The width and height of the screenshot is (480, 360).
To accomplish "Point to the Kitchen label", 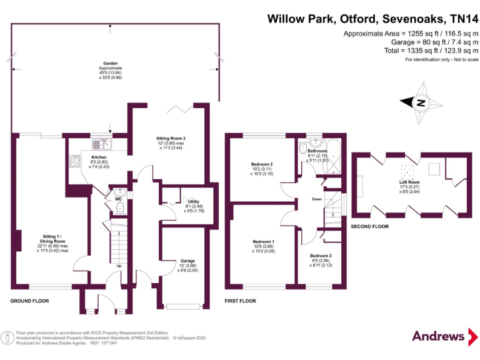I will tap(99, 157).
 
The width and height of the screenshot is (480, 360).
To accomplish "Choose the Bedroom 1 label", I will tap(263, 241).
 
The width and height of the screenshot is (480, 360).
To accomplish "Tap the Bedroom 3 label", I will tap(321, 256).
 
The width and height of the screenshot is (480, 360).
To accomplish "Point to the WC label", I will tap(118, 199).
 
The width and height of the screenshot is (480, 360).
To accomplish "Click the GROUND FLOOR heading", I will tap(29, 301).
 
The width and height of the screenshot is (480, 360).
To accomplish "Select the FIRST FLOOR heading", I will tap(241, 301).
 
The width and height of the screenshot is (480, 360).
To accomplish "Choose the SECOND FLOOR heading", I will tap(369, 226).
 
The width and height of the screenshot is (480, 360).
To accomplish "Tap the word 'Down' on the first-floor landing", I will tap(317, 199).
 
